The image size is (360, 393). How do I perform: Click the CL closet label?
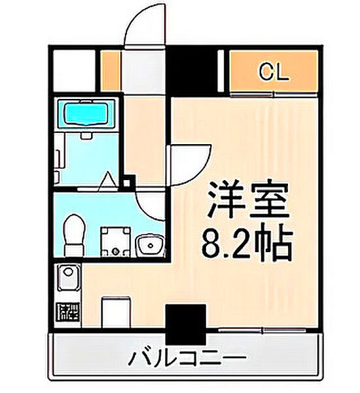[x=273, y=72]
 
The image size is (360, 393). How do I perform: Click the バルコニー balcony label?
[x=187, y=358]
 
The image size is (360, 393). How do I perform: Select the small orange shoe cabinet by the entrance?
[x=111, y=72]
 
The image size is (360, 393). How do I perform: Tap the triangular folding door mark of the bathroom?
[x=108, y=180]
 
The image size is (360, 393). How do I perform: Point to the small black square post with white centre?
[x=130, y=182]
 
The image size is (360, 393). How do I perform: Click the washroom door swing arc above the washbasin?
[x=152, y=206]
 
